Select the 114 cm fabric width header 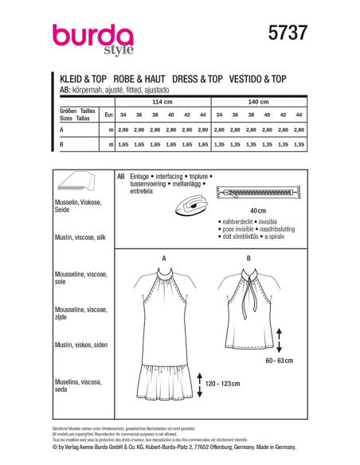coord(162,103)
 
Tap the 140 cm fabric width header coord(259,103)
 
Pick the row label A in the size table coord(61,128)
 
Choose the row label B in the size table coord(61,144)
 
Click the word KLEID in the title coord(73,80)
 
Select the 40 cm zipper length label coord(255,210)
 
